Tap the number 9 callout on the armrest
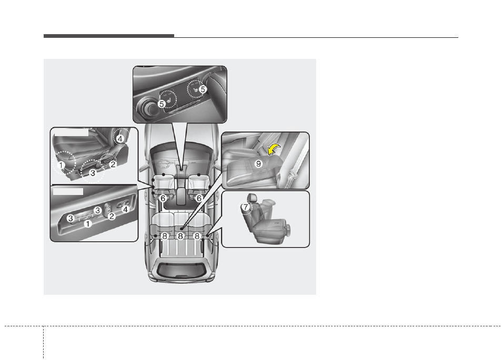click(x=258, y=163)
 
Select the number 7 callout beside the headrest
click(x=246, y=207)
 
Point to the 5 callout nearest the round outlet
click(x=162, y=104)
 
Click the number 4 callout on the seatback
click(x=120, y=139)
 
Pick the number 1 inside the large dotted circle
click(x=61, y=166)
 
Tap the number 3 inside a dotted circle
click(x=93, y=173)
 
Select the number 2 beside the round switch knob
click(x=112, y=217)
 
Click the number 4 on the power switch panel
click(x=125, y=209)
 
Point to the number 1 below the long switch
click(x=88, y=223)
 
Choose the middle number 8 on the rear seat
click(x=180, y=236)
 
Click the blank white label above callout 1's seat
click(x=71, y=132)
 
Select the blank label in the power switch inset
click(x=68, y=191)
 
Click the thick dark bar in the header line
click(x=109, y=36)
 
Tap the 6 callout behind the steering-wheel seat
click(x=163, y=199)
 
